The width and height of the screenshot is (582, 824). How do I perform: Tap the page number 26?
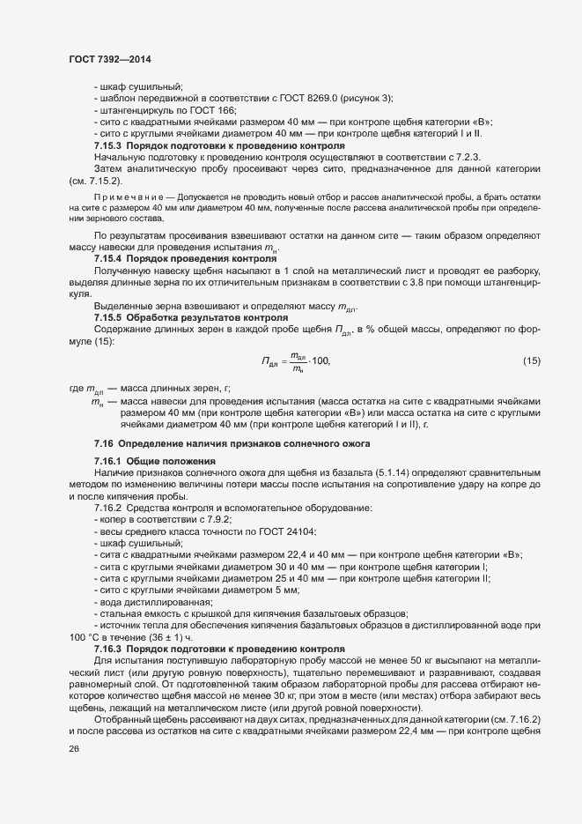pos(73,749)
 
